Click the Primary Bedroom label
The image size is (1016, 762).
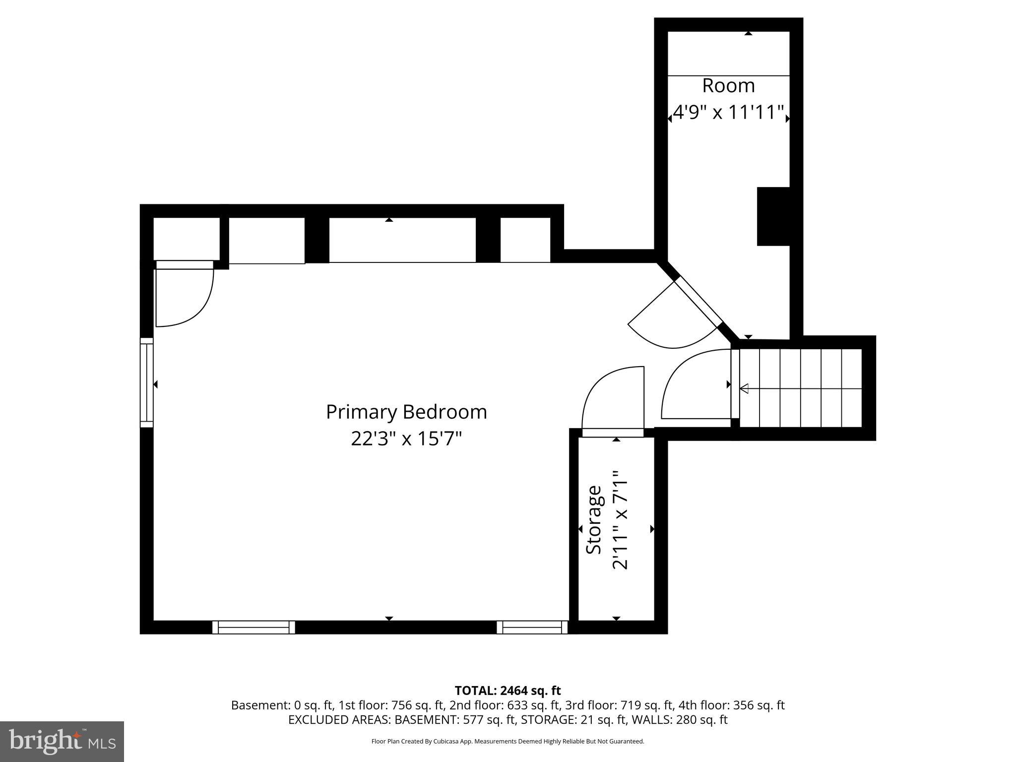406,412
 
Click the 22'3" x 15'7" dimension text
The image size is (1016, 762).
406,439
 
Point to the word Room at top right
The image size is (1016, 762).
728,86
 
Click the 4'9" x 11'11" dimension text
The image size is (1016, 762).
728,113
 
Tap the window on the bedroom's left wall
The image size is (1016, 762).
147,382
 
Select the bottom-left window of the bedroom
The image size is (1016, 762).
254,627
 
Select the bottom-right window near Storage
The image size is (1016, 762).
532,627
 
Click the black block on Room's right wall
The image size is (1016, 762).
773,216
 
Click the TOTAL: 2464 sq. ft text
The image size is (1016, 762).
508,691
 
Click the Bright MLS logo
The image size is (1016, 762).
62,741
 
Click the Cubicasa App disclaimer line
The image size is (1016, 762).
508,741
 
